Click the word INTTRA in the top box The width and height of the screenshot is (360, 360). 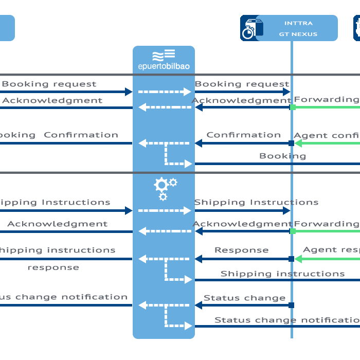pos(298,23)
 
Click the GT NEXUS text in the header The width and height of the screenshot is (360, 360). pos(298,34)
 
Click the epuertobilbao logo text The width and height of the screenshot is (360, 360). pos(164,66)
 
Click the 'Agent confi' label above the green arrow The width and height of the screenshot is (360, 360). pos(326,136)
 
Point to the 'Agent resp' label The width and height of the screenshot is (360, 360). pos(331,250)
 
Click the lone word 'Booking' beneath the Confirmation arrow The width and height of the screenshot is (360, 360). pos(282,156)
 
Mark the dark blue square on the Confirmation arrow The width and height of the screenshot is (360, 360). pos(292,143)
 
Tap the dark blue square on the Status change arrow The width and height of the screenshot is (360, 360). pos(292,305)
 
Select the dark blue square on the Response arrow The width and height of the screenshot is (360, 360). pos(292,259)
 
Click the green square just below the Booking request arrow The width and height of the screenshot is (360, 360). pos(293,107)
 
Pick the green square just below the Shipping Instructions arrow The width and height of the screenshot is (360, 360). pos(293,231)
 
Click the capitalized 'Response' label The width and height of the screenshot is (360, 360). pos(241,250)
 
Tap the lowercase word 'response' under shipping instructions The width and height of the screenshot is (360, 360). pos(53,267)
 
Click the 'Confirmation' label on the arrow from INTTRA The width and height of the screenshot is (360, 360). pos(243,135)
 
